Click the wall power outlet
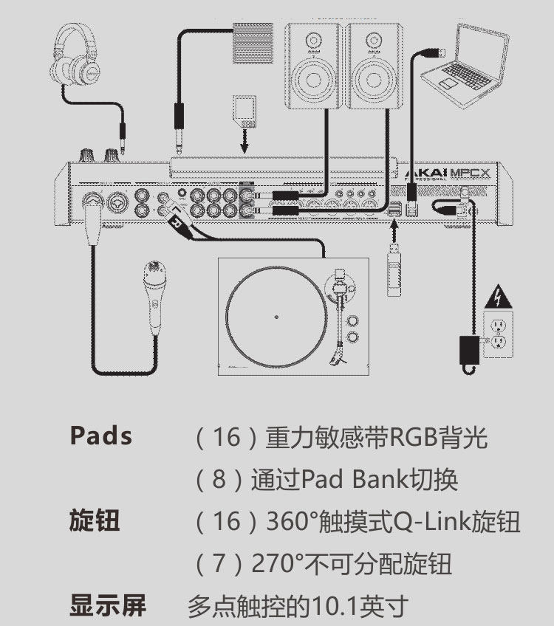499,332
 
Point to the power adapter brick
468,347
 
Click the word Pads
101,436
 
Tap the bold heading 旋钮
95,521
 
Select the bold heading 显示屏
108,606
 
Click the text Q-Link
434,522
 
